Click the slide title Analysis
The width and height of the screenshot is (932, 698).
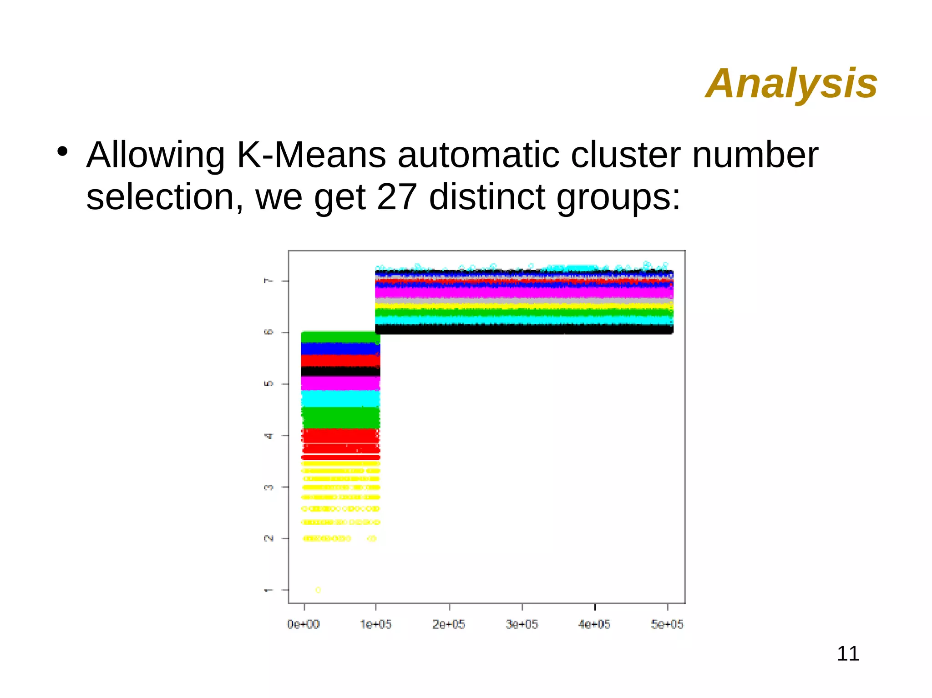click(791, 83)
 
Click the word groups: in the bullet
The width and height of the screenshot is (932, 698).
click(618, 198)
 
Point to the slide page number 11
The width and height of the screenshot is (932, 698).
click(848, 653)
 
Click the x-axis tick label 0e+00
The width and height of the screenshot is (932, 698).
click(303, 624)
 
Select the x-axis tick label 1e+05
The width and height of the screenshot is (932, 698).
click(375, 624)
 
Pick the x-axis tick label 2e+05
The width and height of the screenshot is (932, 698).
click(449, 624)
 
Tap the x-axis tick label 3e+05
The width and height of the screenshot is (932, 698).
click(522, 624)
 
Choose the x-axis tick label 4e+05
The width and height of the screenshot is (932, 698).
click(594, 624)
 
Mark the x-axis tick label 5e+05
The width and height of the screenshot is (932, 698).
click(667, 624)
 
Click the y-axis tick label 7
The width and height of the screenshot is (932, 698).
click(268, 281)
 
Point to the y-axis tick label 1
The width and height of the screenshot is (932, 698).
click(268, 590)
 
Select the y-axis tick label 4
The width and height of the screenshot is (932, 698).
click(268, 436)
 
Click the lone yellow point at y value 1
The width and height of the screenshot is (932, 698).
click(318, 590)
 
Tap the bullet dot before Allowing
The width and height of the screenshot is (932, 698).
click(62, 151)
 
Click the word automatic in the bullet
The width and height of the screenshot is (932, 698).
click(478, 155)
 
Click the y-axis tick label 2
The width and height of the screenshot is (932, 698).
click(268, 538)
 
